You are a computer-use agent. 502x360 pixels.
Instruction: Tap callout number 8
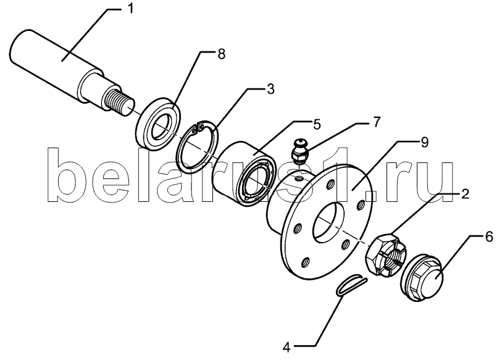point(221,54)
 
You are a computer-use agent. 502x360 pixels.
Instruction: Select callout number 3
point(271,89)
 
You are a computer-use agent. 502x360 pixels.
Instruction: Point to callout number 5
point(316,124)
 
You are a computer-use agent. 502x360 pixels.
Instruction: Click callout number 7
point(377,122)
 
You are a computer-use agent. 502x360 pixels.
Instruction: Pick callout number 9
point(425,142)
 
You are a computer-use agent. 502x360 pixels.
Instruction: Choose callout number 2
point(465,193)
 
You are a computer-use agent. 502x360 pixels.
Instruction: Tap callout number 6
point(488,238)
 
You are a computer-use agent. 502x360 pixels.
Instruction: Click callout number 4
point(287,347)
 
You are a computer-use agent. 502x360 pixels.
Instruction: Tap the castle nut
point(386,254)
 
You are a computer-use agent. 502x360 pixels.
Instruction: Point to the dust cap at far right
point(422,277)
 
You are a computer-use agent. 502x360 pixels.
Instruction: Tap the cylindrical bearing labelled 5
point(244,172)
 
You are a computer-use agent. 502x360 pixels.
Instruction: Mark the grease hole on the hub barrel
point(299,177)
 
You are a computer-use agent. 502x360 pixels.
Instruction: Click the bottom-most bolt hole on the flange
point(306,262)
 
